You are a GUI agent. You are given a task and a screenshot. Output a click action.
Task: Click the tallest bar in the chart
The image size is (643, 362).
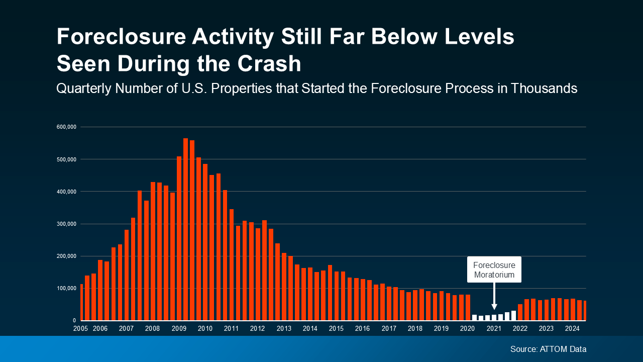coord(185,229)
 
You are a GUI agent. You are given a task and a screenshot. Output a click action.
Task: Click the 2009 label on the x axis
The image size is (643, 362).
coord(179,329)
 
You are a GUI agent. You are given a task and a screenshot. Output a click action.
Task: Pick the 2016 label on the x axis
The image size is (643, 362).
coord(362,329)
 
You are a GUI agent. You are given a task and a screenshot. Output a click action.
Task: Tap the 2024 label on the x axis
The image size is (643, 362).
coord(572,329)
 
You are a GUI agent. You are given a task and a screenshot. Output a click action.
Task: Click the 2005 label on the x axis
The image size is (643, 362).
coord(80,329)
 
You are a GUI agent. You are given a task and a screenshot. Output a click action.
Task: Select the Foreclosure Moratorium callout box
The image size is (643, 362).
coord(494,269)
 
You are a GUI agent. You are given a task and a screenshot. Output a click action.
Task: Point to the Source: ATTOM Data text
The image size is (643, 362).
coord(548,349)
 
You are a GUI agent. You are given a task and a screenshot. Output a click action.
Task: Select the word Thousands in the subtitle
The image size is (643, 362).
coord(544,88)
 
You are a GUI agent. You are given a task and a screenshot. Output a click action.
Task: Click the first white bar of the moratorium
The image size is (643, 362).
coord(474,317)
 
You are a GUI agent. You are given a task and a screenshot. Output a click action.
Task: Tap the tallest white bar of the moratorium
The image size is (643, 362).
coord(513,315)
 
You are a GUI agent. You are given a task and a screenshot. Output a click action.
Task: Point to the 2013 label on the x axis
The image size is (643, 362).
coord(284,329)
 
